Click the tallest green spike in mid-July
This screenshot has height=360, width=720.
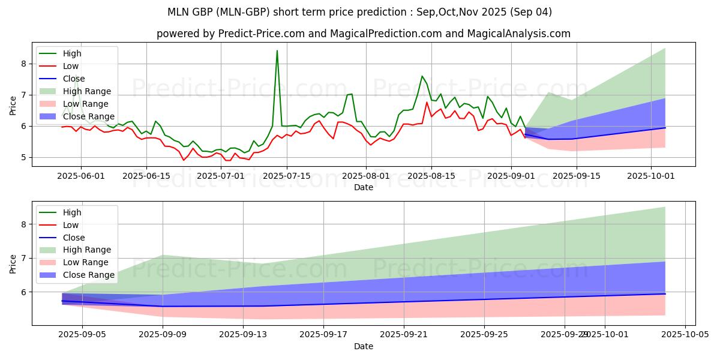click(277, 50)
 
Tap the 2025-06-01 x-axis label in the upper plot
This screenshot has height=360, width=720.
click(81, 175)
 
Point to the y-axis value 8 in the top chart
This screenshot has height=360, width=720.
click(23, 64)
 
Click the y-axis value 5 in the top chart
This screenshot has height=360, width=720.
click(23, 157)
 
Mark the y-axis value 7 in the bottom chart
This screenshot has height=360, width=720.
click(23, 258)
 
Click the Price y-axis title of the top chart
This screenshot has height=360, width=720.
click(13, 105)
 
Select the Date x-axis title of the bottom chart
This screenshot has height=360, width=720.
click(364, 346)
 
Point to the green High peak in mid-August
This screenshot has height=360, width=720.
click(422, 76)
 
